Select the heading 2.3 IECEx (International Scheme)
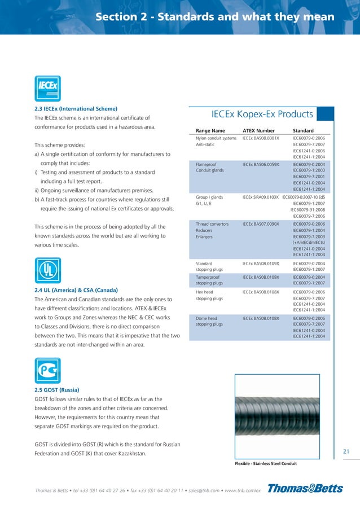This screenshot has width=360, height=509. tap(76, 108)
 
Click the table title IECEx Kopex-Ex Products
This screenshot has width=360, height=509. tap(262, 115)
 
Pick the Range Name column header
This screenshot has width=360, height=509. tap(210, 131)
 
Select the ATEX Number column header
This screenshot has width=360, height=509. tap(258, 131)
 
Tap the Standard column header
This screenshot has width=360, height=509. tap(303, 131)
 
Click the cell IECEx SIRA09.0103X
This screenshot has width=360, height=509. tap(261, 197)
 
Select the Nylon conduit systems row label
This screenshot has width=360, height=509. tap(216, 138)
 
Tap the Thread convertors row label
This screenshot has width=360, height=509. tap(212, 224)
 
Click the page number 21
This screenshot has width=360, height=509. tap(346, 450)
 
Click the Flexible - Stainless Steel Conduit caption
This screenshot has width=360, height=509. tap(265, 464)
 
